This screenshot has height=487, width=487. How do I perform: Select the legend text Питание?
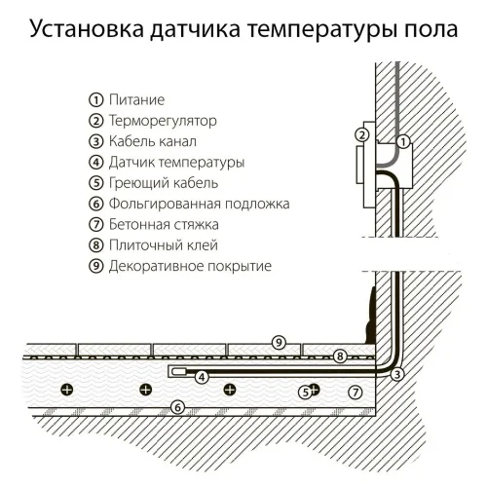(x=136, y=100)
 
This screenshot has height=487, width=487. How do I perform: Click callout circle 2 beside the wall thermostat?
(x=362, y=135)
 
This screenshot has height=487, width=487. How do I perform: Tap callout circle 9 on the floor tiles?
(x=279, y=342)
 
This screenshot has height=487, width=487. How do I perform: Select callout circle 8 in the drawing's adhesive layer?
(x=340, y=356)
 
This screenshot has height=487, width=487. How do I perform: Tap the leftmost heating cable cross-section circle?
(x=66, y=390)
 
